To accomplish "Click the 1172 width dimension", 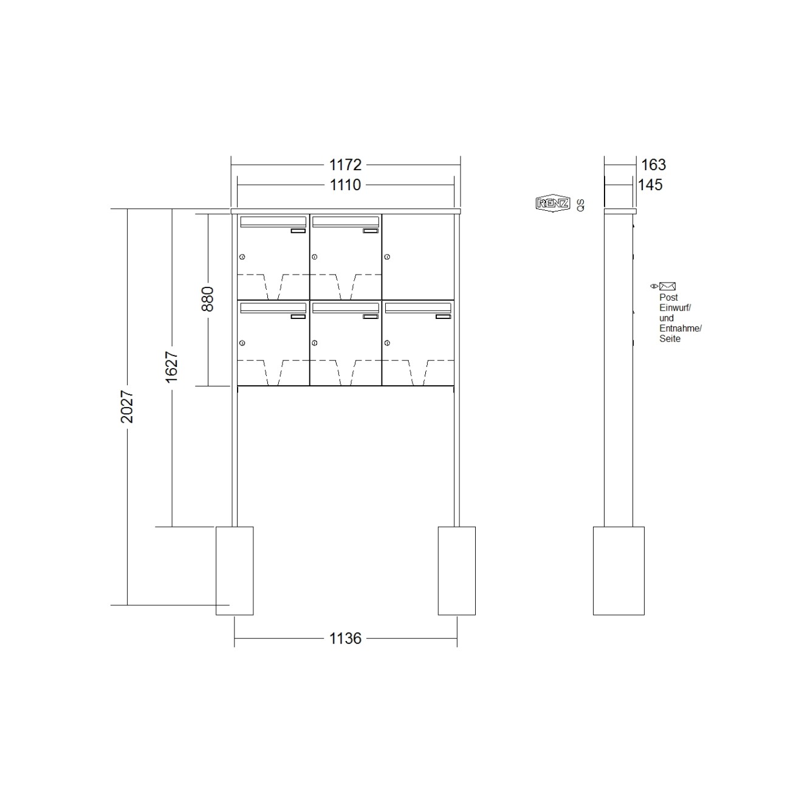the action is [345, 165].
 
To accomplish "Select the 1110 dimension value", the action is [345, 185].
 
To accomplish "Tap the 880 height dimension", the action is [207, 299].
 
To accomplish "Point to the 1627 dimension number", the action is [171, 367].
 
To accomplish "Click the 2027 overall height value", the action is [126, 406].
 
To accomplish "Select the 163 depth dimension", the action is [653, 165].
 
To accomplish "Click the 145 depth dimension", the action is [650, 185].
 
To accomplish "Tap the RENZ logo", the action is [553, 204].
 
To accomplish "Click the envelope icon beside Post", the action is [667, 286].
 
